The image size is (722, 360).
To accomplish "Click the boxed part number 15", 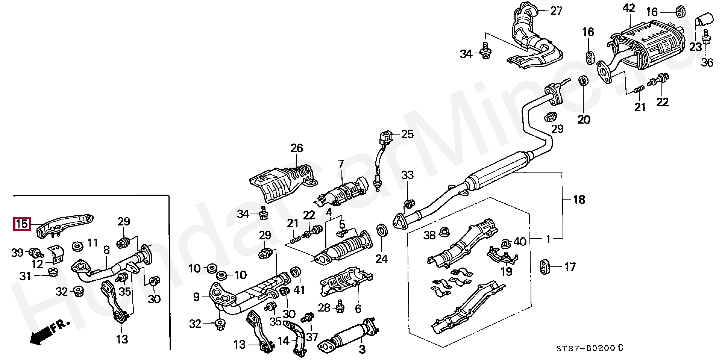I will tap(22, 224).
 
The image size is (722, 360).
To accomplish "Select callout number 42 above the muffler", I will tap(628, 8).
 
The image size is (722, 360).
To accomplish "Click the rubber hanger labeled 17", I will tap(545, 266).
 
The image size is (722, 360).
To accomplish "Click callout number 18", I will tap(579, 200).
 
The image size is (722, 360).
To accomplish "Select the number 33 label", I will tap(407, 175).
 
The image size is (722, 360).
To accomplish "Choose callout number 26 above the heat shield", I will tap(296, 148).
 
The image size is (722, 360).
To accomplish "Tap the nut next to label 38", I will tap(444, 229).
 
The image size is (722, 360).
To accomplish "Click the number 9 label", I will tap(196, 297).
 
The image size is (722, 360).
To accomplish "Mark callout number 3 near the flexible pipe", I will tap(362, 349).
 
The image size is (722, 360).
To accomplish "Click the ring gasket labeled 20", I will tap(583, 81).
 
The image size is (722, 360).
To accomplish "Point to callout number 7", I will tap(341, 164).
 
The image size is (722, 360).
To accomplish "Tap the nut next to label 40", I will tap(506, 244).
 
